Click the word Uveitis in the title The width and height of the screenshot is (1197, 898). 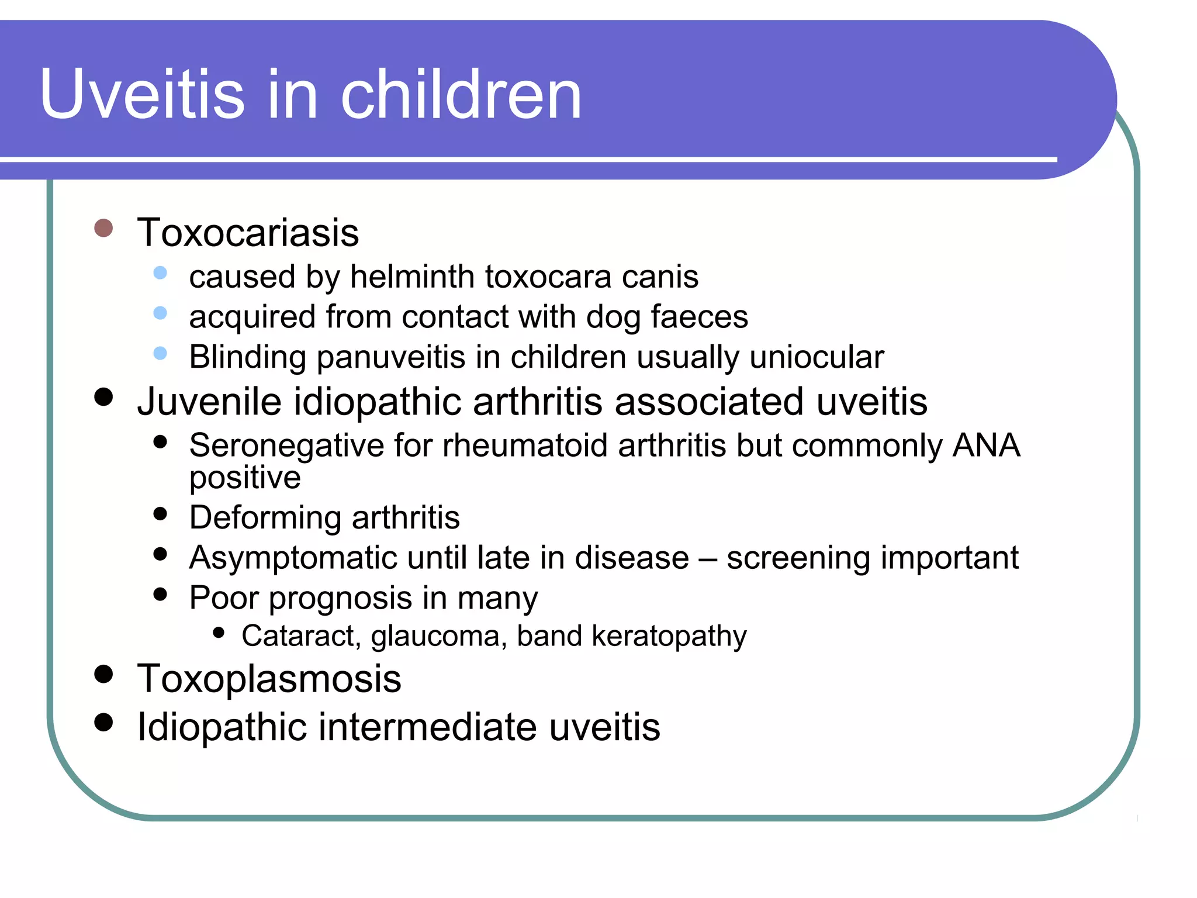click(142, 95)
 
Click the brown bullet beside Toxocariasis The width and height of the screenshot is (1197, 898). click(103, 228)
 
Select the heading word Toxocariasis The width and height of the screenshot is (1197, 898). click(248, 233)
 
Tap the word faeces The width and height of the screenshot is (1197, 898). click(699, 317)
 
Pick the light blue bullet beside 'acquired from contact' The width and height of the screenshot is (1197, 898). click(160, 313)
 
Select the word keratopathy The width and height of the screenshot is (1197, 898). click(669, 636)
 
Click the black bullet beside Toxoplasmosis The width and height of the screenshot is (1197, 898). click(103, 674)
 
